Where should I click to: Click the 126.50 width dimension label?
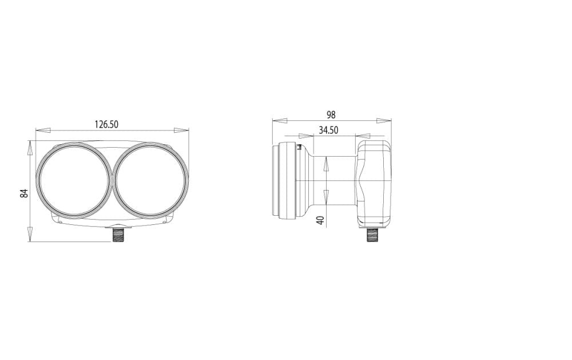click(x=106, y=125)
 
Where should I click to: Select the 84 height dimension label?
click(x=24, y=193)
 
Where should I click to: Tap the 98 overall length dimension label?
click(x=331, y=115)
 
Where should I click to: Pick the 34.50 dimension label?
click(x=328, y=130)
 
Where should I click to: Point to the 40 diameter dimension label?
click(x=321, y=220)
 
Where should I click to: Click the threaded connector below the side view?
click(x=372, y=235)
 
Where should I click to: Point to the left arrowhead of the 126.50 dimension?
click(x=43, y=130)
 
